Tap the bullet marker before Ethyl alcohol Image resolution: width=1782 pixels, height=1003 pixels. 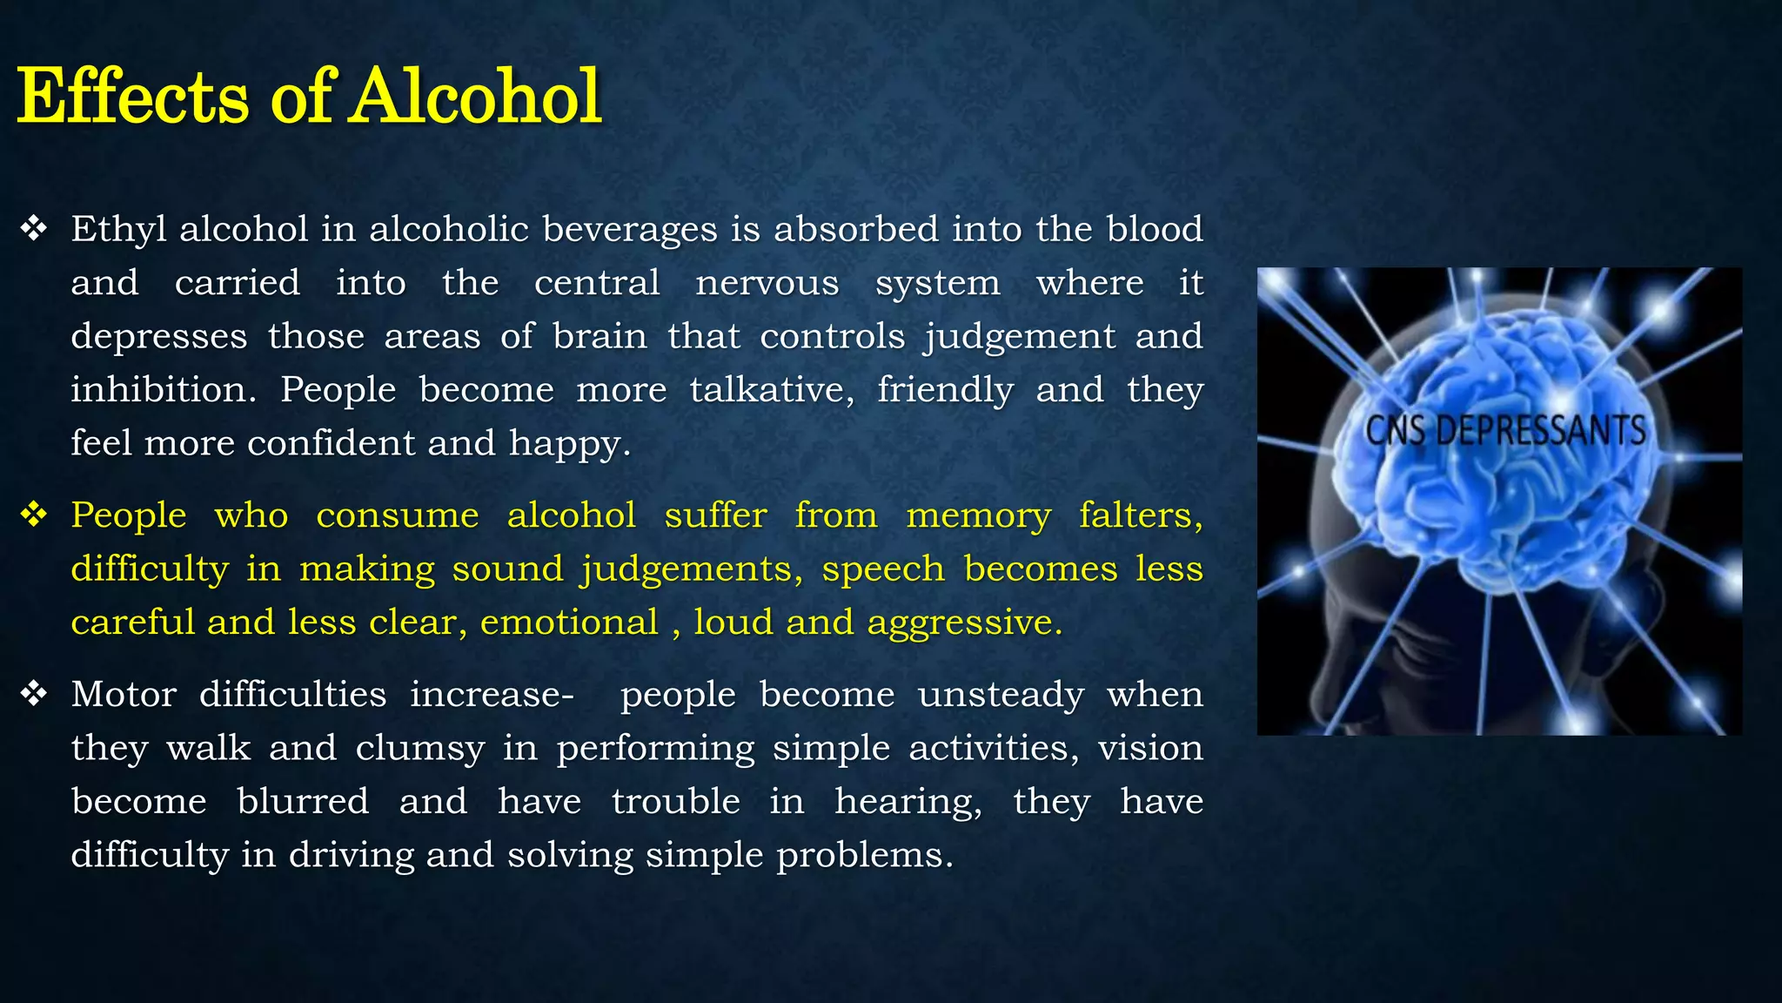[34, 229]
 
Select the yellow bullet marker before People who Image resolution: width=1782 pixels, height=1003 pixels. [34, 515]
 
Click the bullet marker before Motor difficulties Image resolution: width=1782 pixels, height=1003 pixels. [34, 694]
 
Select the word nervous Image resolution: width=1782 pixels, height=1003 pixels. [767, 283]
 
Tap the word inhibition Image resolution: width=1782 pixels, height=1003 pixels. [163, 389]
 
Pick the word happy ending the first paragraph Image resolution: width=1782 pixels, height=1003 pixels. [569, 444]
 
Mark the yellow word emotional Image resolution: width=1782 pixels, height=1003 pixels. [569, 623]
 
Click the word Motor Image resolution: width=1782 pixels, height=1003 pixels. [124, 695]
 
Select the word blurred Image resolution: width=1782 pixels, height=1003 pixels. [303, 802]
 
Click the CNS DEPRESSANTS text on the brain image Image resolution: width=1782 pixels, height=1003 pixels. [1504, 430]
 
